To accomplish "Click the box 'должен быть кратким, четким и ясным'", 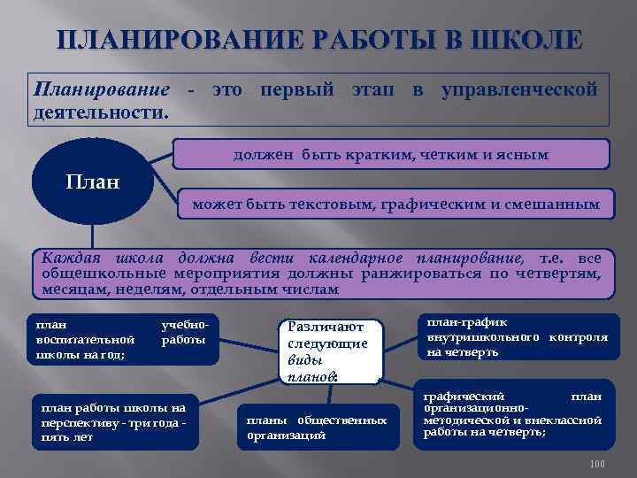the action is [x=390, y=154].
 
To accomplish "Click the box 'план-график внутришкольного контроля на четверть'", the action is [x=517, y=337].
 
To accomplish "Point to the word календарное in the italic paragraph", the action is [x=355, y=258].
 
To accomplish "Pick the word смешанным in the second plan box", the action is [x=560, y=205].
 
